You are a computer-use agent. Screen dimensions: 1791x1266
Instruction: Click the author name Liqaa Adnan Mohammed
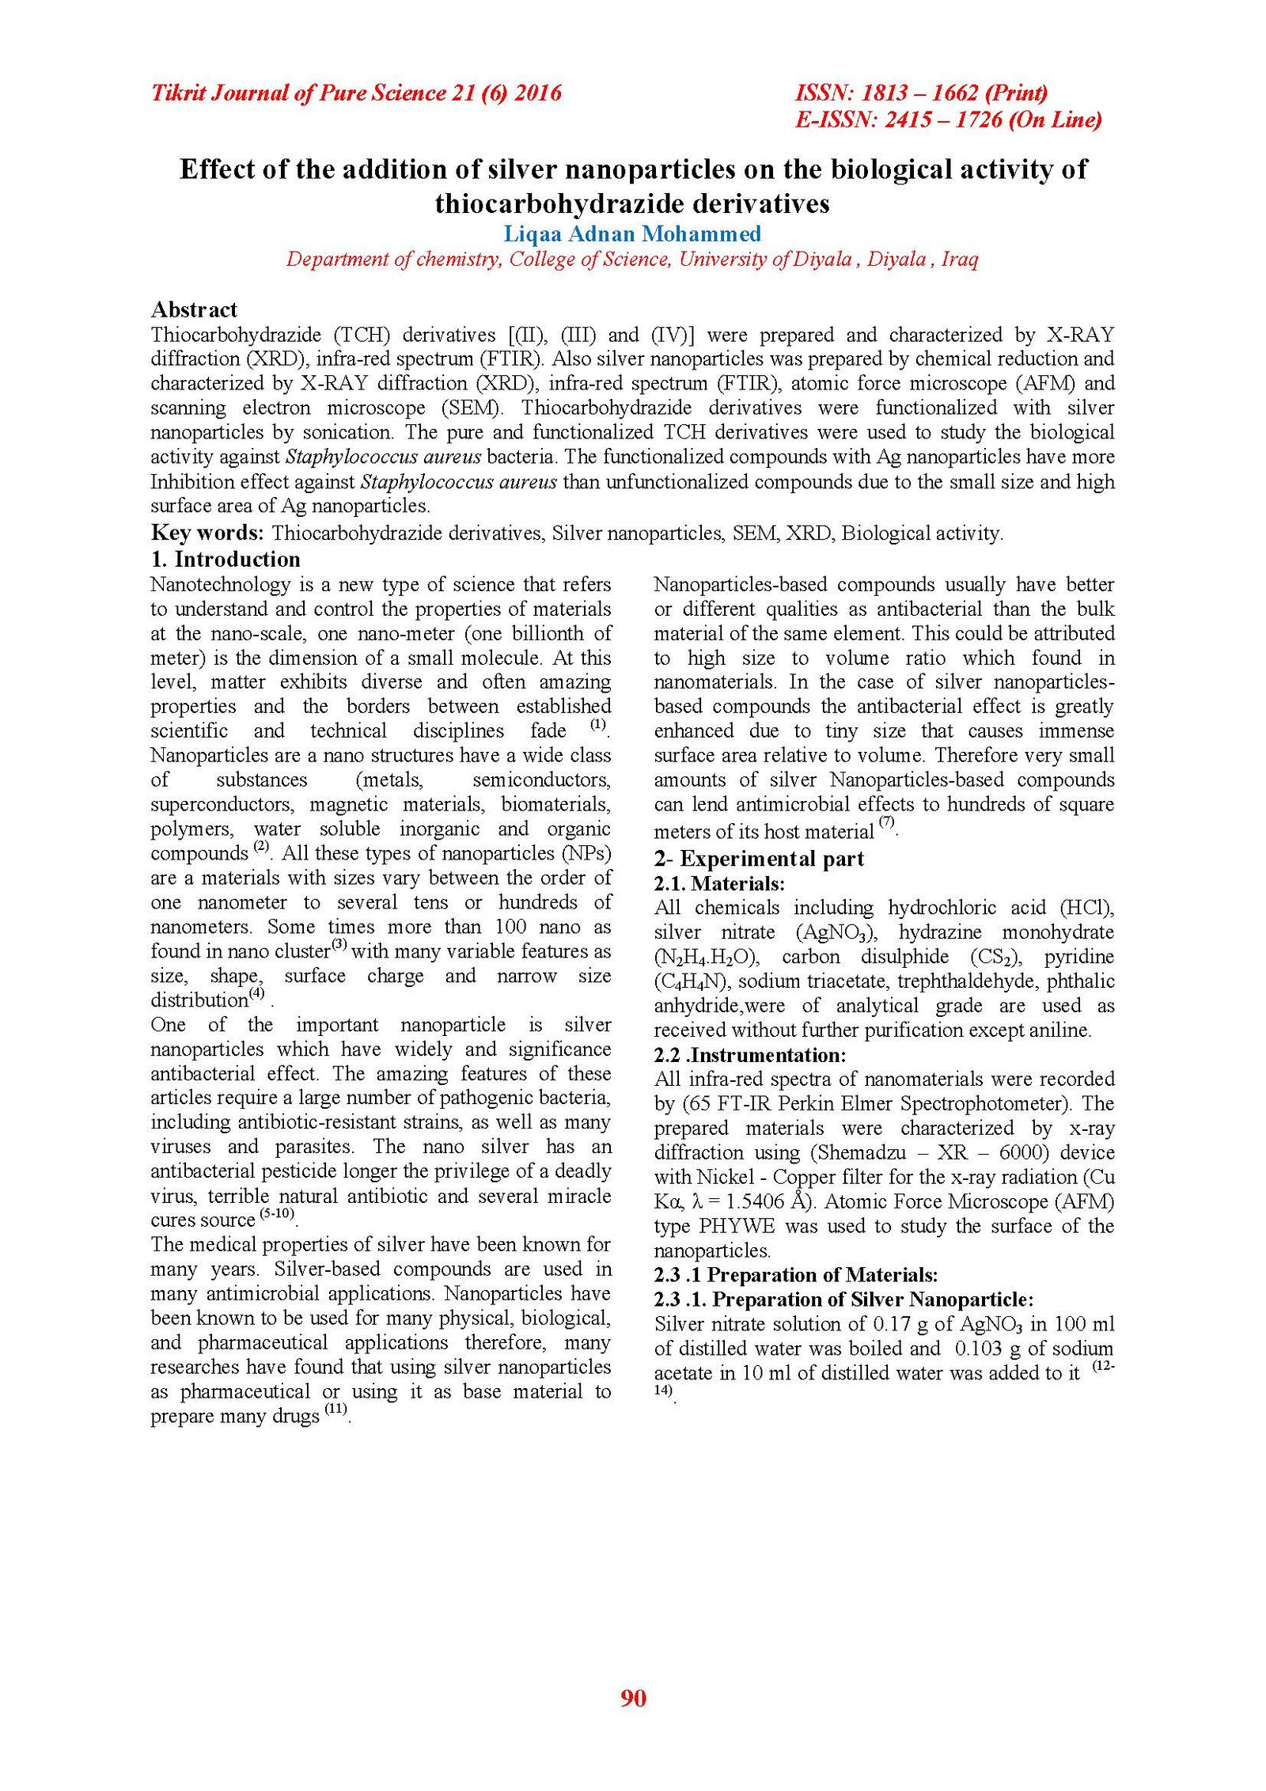point(632,233)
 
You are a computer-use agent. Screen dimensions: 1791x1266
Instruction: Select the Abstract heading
point(194,309)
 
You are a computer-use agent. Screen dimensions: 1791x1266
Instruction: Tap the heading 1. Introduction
point(226,560)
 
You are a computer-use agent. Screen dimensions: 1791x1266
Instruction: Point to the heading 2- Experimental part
point(759,859)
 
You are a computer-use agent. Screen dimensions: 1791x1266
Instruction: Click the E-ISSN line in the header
point(948,120)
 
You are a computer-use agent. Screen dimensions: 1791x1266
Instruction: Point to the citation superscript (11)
point(337,1410)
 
